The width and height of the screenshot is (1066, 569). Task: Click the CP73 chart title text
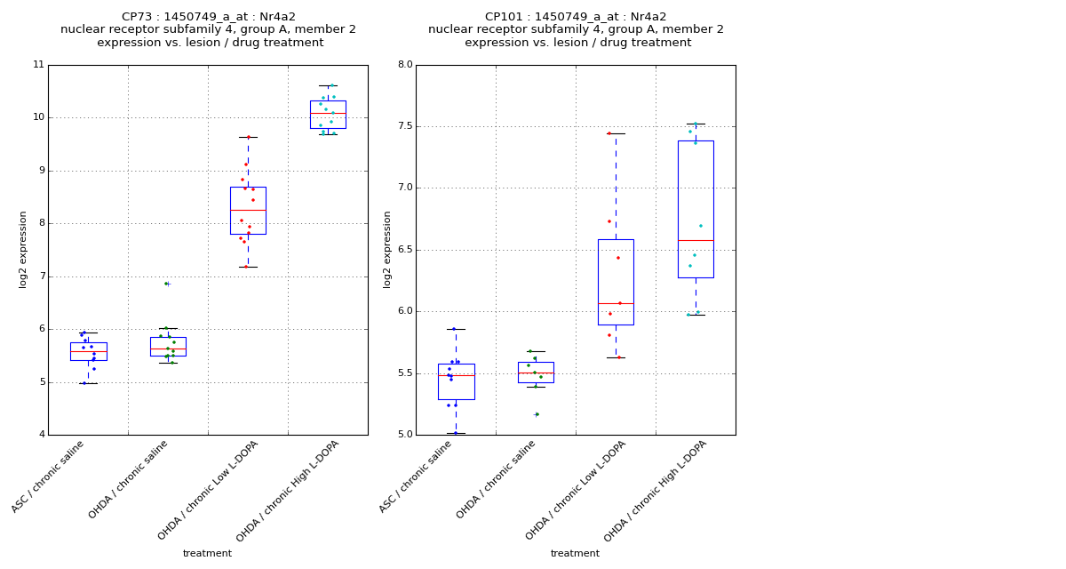coord(208,29)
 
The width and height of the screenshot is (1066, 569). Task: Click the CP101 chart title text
coord(576,29)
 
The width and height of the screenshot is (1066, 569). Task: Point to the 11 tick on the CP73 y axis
coord(38,65)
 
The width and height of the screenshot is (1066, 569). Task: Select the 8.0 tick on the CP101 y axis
coord(404,65)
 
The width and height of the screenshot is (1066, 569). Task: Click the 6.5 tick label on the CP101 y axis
coord(404,250)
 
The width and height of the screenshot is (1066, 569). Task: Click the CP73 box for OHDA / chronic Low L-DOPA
coord(248,211)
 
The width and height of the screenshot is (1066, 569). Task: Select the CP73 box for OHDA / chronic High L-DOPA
coord(328,115)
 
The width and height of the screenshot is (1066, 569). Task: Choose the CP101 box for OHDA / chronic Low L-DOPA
coord(616,282)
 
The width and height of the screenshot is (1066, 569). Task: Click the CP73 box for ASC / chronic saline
coord(88,351)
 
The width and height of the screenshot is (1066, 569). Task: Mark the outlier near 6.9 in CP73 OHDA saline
coord(166,284)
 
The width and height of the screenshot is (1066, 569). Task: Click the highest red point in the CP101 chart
coord(609,133)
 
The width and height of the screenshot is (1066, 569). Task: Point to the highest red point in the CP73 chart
coord(248,137)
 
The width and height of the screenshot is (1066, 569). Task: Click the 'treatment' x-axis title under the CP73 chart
coord(207,554)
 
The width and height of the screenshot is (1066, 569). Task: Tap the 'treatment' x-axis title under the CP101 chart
coord(575,554)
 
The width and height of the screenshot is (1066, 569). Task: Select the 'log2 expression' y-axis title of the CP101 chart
coord(387,250)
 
